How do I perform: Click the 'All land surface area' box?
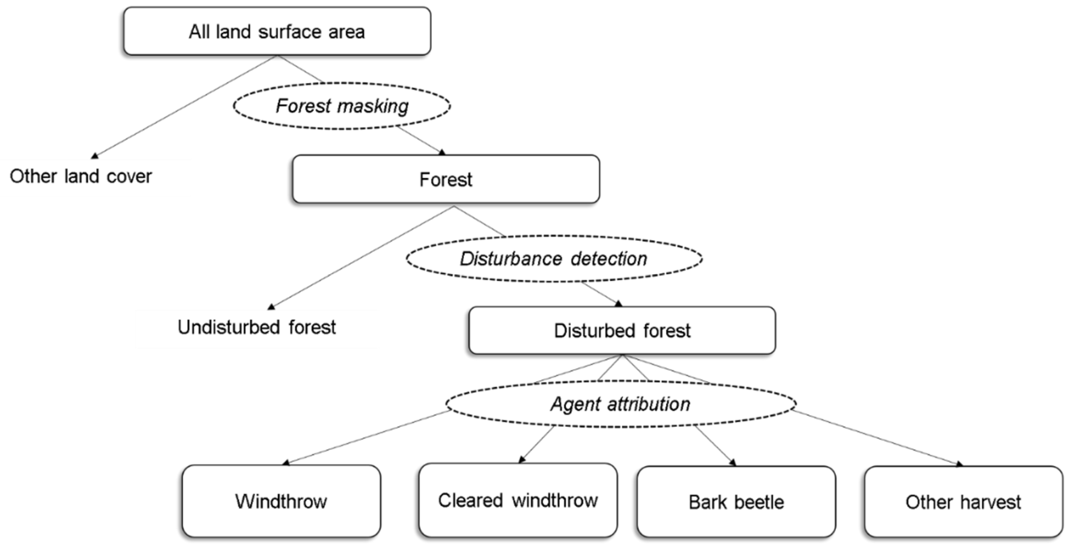[x=277, y=31]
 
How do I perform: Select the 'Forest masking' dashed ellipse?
[x=342, y=105]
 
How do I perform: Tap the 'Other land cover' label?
[x=81, y=176]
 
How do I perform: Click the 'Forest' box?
[x=446, y=180]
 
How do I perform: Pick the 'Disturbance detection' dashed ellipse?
[x=554, y=259]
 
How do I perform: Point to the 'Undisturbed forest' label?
[x=257, y=327]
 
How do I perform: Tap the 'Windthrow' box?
[x=281, y=501]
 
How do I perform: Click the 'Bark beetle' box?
[x=736, y=502]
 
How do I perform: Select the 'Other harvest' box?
[x=963, y=502]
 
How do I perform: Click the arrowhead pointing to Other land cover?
[x=95, y=156]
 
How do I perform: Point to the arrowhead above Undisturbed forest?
[x=271, y=307]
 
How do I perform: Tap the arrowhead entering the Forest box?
[x=442, y=152]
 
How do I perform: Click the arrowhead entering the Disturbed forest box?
[x=618, y=304]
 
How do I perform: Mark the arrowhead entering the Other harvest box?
[x=959, y=464]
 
